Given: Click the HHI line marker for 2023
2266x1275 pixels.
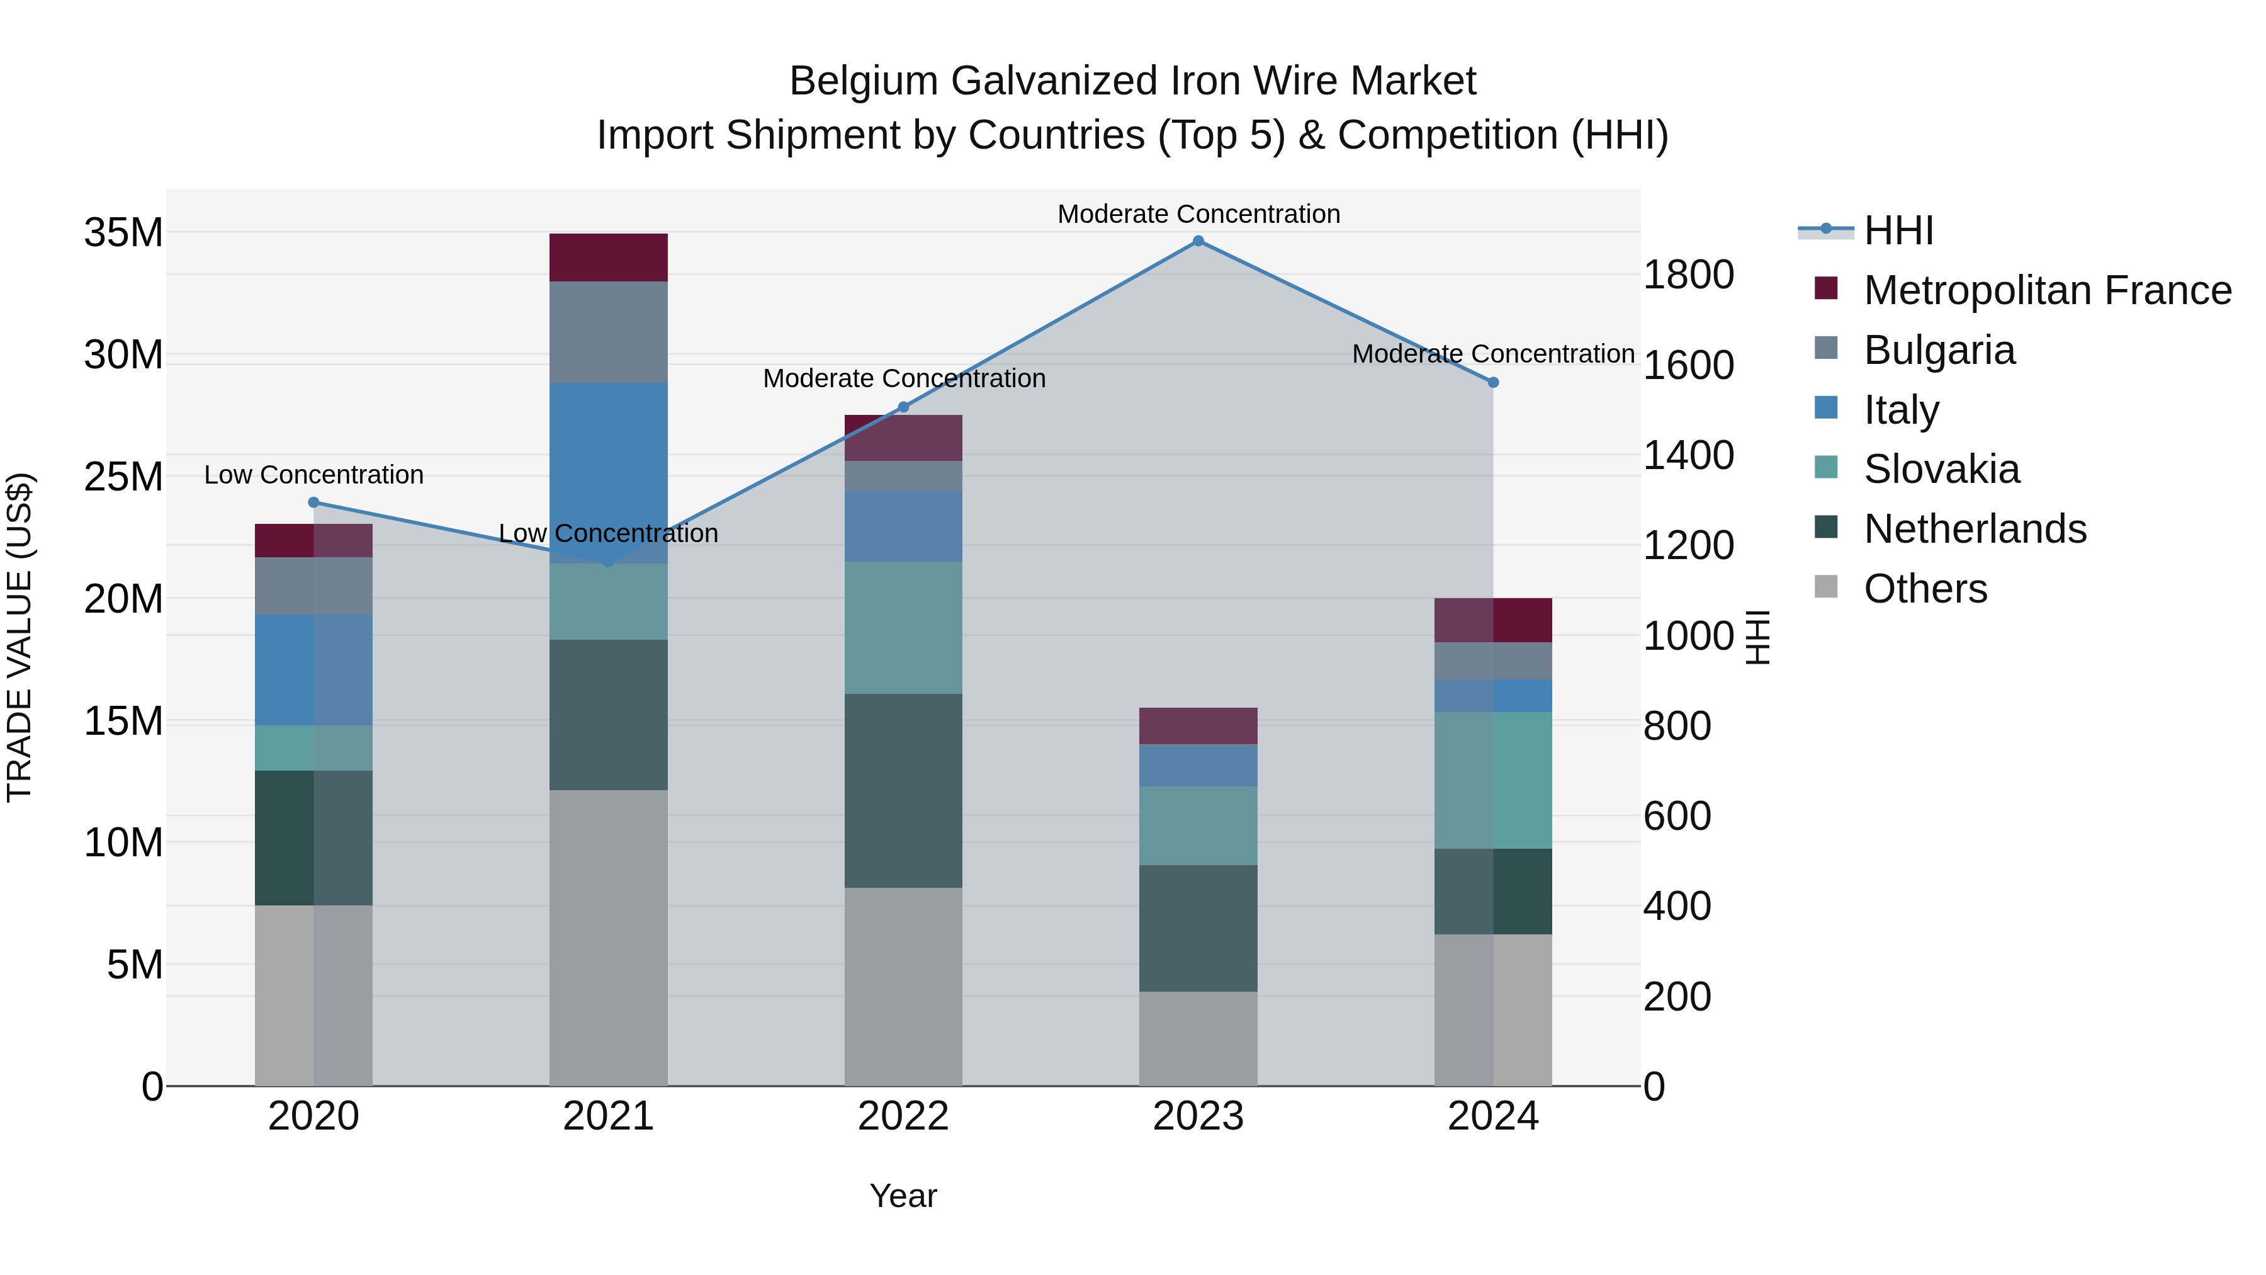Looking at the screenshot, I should tap(1198, 241).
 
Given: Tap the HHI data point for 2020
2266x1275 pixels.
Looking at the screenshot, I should tap(314, 502).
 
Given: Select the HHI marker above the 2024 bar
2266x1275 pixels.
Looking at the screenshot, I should tap(1493, 383).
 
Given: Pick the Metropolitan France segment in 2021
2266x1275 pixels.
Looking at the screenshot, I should tap(608, 258).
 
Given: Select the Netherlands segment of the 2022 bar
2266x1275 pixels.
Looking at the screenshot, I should tap(903, 790).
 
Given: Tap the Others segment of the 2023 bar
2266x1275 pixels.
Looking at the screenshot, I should tap(1198, 1038).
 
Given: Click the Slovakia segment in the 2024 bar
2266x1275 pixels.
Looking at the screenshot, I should tap(1493, 781).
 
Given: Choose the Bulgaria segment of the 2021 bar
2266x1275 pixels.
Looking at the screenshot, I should tap(608, 332).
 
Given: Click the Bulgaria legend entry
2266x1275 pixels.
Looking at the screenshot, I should tap(1939, 350).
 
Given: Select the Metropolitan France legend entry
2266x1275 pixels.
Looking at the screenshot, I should tap(2047, 290).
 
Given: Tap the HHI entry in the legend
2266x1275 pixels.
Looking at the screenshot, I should tap(1898, 230).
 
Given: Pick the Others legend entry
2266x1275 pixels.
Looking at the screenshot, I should tap(1925, 589).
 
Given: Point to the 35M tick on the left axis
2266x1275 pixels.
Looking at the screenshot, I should tap(123, 233).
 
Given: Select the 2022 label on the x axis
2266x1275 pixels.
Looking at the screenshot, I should tap(903, 1116).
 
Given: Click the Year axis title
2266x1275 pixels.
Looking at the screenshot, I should tap(903, 1196).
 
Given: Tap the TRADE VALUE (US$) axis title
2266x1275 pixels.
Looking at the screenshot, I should tap(20, 637).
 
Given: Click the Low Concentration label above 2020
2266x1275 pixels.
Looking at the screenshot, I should tap(314, 475).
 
